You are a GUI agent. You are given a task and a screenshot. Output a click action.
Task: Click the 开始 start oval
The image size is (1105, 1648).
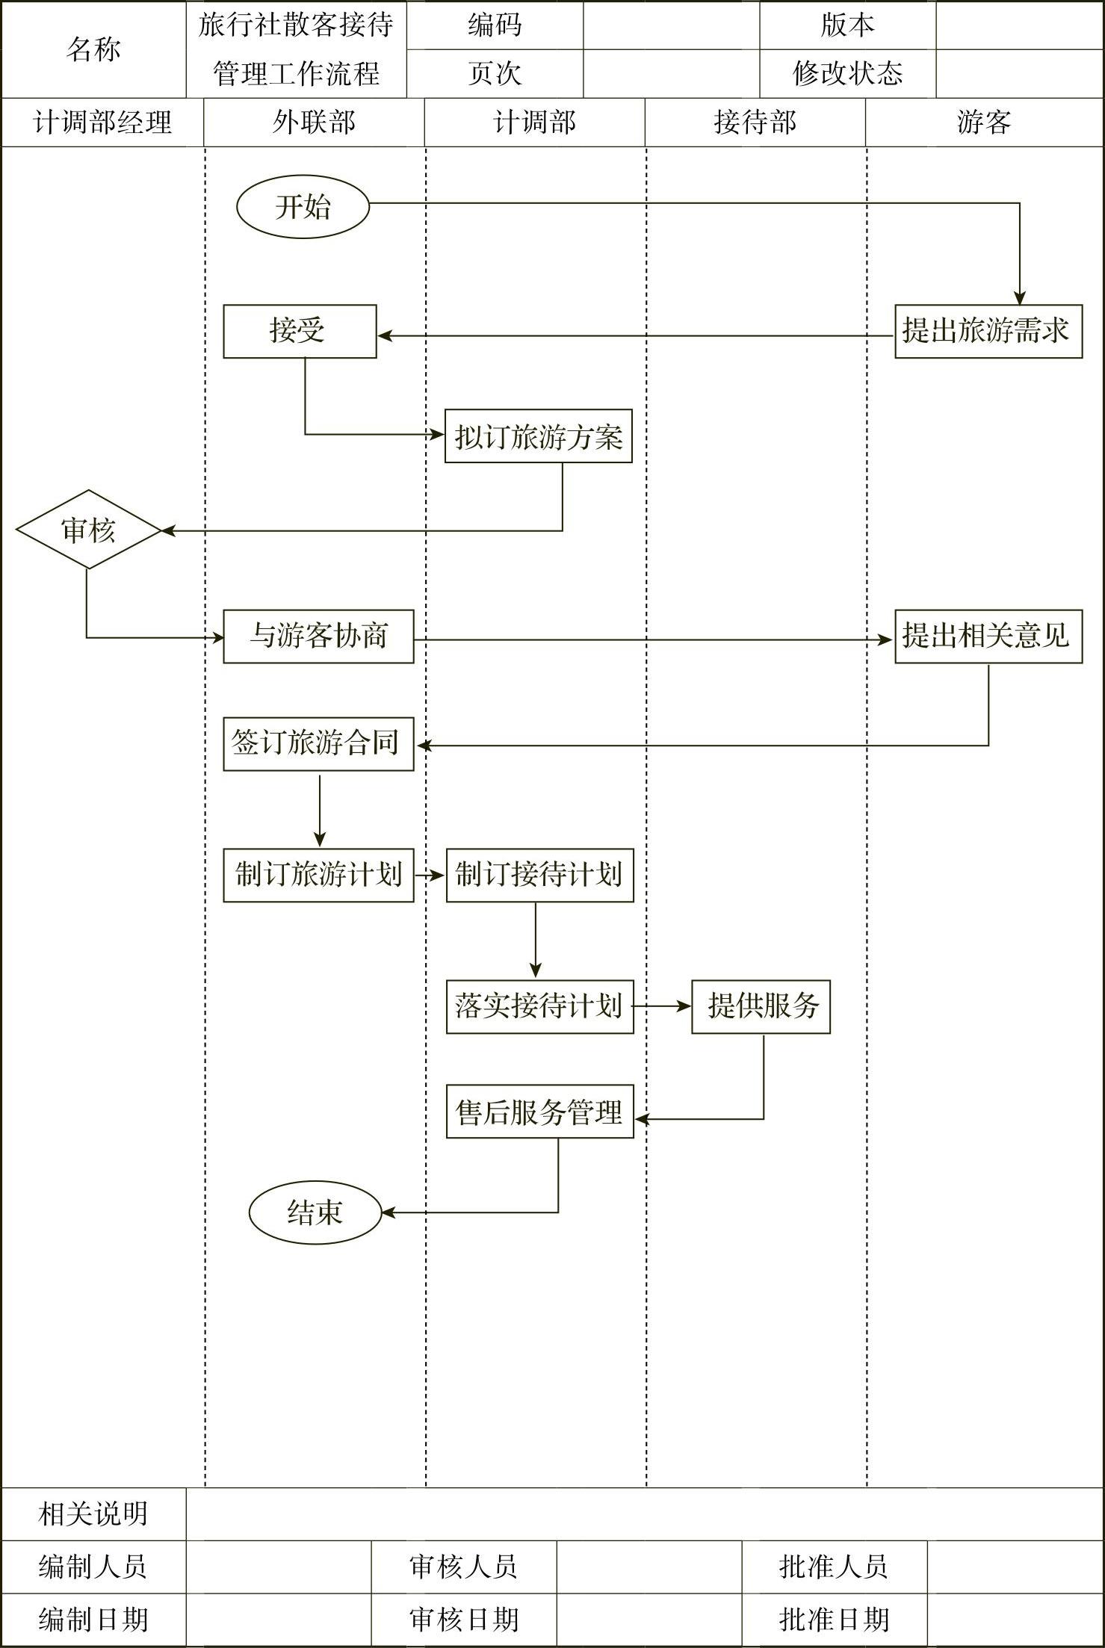pos(303,207)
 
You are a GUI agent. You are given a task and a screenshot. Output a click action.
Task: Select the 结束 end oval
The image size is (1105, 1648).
pos(315,1212)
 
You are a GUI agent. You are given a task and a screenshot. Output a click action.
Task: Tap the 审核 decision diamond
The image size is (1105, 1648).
pos(88,530)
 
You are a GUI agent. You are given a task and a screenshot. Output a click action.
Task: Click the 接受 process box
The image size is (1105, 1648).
pos(300,331)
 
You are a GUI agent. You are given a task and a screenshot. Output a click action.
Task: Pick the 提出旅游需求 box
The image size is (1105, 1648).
pos(988,331)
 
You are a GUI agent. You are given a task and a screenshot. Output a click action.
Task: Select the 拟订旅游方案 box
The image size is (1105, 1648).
pos(538,436)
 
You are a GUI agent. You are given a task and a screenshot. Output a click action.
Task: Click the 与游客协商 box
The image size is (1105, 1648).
pos(318,636)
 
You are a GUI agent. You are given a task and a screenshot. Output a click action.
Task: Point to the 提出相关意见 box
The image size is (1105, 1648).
pos(988,636)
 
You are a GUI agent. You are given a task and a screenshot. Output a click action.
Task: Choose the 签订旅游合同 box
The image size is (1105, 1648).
pos(318,744)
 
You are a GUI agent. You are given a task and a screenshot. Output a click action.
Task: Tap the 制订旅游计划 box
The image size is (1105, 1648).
pos(318,875)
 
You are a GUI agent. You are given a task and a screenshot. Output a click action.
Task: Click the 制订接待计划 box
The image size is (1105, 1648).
pos(539,875)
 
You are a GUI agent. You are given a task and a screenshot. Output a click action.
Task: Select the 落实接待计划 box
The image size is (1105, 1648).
pos(539,1006)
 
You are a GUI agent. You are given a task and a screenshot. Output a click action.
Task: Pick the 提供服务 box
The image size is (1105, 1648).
pos(761,1006)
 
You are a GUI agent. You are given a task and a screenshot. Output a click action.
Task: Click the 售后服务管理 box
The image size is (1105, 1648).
pos(539,1112)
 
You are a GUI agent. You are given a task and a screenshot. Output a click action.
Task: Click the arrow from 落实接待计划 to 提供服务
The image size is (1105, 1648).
pos(662,1006)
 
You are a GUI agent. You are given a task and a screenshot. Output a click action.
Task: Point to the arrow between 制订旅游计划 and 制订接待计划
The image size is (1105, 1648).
pos(430,875)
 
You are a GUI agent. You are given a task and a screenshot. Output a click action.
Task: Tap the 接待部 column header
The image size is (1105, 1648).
pos(755,123)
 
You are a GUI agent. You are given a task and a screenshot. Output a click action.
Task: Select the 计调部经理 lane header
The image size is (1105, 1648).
pos(102,123)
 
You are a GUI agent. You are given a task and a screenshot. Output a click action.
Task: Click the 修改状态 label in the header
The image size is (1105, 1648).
pos(847,74)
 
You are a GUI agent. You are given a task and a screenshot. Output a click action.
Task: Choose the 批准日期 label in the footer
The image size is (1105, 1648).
pos(834,1620)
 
